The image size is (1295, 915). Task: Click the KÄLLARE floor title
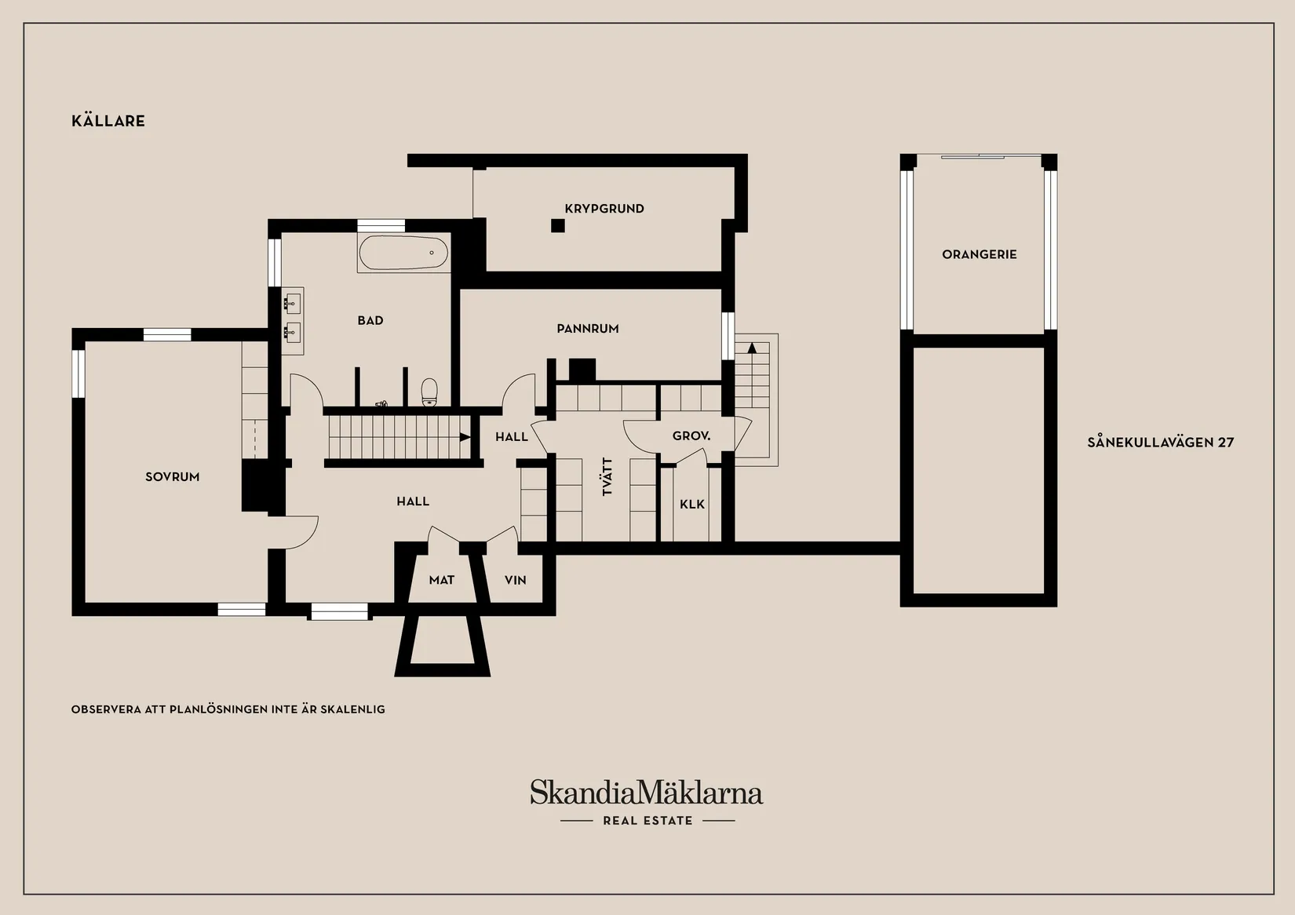[x=108, y=120]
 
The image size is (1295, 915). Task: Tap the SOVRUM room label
[x=173, y=477]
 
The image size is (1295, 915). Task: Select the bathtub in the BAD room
[x=403, y=253]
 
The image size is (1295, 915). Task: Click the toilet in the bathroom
[x=429, y=392]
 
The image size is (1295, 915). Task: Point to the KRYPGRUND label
[x=604, y=209]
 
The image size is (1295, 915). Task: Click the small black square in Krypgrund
[x=557, y=225]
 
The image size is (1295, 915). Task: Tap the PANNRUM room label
[x=587, y=328]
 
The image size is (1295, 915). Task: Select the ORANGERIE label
[x=979, y=254]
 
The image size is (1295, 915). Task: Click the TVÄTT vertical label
[x=607, y=477]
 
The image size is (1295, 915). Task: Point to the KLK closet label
[x=692, y=504]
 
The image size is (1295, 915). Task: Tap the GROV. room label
[x=691, y=436]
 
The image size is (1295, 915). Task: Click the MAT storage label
[x=442, y=580]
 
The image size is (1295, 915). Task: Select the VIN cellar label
[x=515, y=580]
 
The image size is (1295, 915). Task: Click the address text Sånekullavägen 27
[x=1160, y=442]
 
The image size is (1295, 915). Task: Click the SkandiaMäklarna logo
[x=647, y=793]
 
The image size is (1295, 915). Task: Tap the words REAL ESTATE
[x=647, y=821]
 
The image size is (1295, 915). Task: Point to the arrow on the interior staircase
[x=465, y=437]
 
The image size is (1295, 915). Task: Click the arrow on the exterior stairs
[x=752, y=348]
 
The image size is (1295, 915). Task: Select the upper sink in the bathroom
[x=292, y=301]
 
